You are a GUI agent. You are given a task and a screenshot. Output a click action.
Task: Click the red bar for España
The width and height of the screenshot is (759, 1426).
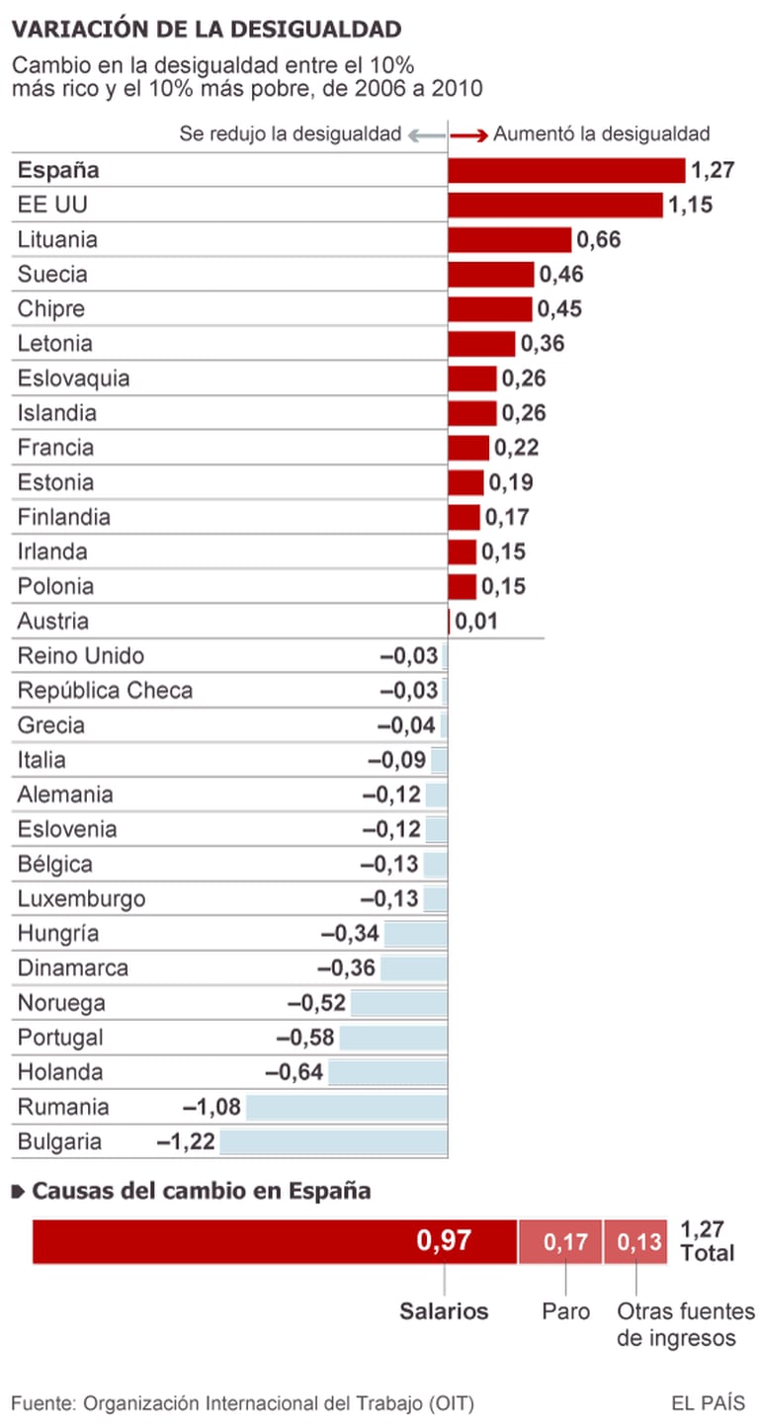(566, 170)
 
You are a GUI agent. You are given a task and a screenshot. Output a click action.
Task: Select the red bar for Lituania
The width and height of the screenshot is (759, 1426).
(510, 239)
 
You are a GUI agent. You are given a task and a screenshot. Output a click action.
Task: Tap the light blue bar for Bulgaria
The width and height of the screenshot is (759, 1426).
(333, 1142)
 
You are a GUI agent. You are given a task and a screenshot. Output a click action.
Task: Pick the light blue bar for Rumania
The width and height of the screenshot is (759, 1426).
(346, 1107)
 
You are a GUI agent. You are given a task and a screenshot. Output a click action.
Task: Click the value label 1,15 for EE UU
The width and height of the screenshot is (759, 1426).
(690, 205)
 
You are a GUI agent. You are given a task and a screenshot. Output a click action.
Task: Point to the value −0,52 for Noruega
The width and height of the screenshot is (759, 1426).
(316, 1003)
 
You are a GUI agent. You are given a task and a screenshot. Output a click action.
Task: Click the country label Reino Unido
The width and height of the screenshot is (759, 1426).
(81, 656)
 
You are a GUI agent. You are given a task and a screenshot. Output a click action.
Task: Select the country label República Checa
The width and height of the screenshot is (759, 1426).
(105, 691)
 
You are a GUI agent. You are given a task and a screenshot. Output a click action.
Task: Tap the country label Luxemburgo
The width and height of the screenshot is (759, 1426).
(81, 899)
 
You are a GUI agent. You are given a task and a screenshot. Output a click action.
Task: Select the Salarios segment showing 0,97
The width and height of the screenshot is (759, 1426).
(275, 1241)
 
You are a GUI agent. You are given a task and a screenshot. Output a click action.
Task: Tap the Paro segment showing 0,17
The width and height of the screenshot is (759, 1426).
(560, 1241)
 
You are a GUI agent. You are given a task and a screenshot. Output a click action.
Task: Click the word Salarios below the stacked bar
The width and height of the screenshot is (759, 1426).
(444, 1311)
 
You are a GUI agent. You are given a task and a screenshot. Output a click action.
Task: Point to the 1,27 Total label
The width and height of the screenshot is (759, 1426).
(708, 1241)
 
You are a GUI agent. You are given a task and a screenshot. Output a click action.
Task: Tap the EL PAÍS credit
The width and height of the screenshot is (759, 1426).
(708, 1402)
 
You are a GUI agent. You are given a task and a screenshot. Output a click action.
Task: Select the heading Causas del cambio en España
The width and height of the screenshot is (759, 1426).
(201, 1191)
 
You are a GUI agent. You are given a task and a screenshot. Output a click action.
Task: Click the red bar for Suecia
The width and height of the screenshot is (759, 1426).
(491, 274)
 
